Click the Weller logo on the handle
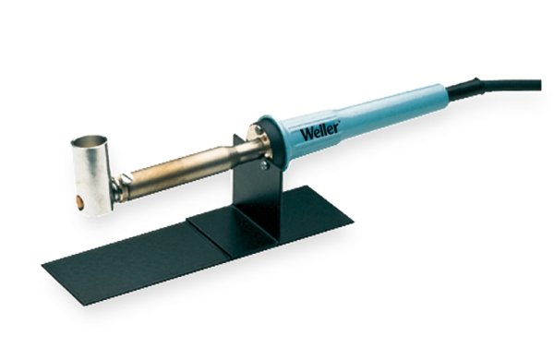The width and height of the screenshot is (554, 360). [319, 131]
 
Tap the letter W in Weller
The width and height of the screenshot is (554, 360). [307, 135]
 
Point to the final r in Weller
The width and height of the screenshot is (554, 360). [336, 126]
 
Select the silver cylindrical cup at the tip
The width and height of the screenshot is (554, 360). [91, 175]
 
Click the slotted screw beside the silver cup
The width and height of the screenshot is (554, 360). [126, 179]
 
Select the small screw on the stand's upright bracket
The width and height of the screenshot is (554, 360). [263, 164]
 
